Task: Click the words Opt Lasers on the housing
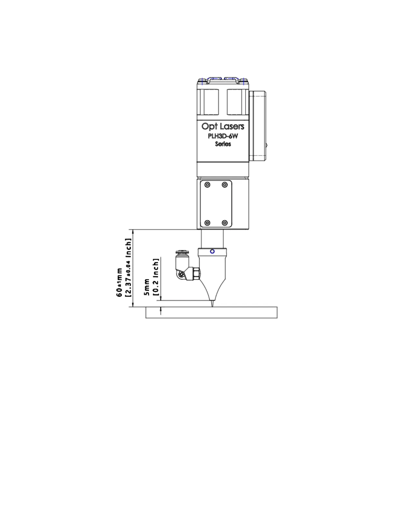click(223, 126)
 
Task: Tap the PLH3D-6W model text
click(223, 136)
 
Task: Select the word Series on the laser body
click(223, 144)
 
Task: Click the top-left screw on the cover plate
click(207, 185)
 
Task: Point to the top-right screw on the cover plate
click(225, 185)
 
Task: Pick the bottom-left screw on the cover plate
click(207, 223)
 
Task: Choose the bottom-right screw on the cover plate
click(225, 223)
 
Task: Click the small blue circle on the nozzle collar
click(212, 251)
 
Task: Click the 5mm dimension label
click(147, 287)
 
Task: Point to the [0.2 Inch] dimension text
click(156, 277)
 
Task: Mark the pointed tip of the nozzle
click(212, 305)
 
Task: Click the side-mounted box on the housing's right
click(258, 125)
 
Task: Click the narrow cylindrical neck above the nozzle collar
click(212, 238)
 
